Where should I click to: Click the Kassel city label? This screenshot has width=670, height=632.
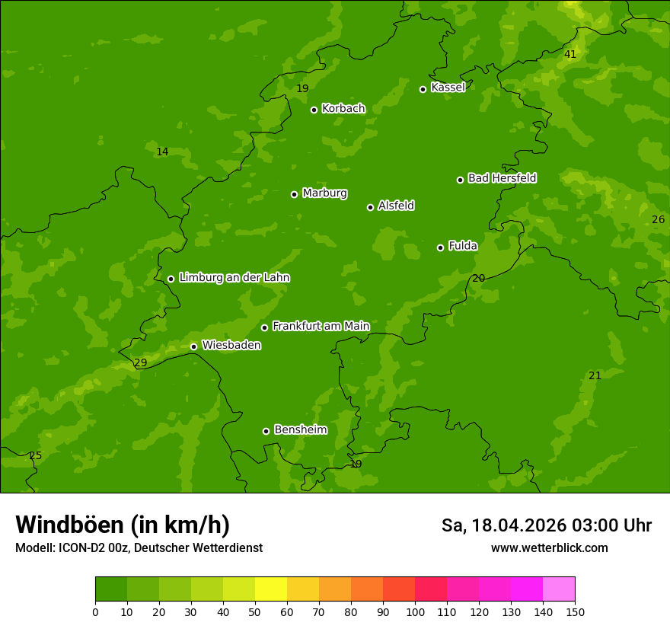448,88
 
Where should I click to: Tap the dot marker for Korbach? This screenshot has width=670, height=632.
314,110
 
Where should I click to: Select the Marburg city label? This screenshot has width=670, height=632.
324,193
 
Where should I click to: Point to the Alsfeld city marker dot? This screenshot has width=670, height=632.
370,207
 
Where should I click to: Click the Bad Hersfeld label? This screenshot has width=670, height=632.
502,178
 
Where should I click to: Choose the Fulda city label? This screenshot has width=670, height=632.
463,246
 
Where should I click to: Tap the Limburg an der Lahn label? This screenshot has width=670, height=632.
234,278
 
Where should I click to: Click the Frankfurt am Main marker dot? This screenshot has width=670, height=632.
264,327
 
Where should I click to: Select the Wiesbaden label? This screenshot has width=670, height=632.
231,346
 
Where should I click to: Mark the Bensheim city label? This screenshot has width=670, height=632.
300,430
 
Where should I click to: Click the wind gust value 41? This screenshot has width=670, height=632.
570,54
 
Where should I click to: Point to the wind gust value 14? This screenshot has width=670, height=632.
162,152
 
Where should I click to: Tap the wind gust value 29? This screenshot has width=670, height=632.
140,363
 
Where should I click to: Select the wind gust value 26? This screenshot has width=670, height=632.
658,220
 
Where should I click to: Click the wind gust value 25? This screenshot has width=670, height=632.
35,456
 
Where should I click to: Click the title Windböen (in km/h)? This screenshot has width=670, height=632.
123,525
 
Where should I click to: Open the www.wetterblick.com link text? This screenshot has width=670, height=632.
549,548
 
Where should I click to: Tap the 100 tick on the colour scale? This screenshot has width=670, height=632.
415,612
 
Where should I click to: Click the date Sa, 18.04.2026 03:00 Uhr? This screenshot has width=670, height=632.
546,525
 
